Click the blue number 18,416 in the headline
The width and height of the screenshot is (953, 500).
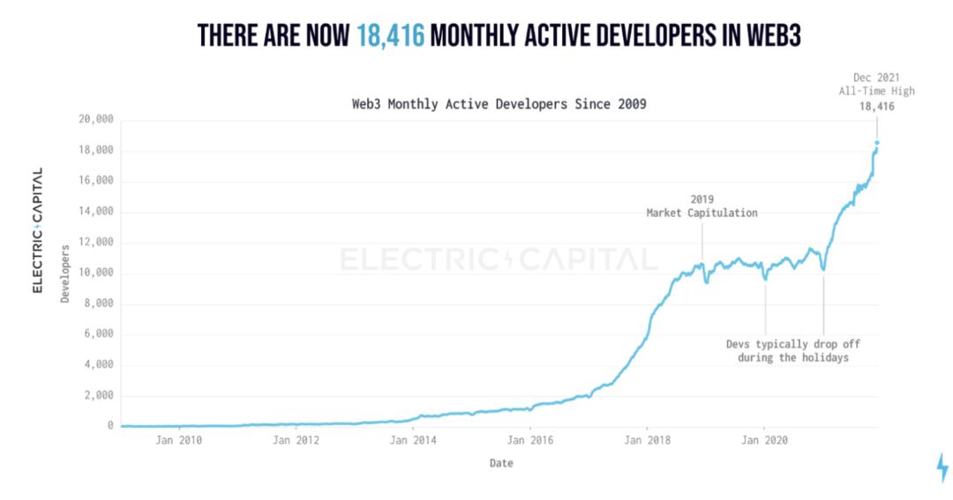[x=390, y=36]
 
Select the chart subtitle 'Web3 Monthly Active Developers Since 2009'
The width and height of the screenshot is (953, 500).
[x=499, y=104]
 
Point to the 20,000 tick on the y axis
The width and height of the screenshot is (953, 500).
[x=96, y=120]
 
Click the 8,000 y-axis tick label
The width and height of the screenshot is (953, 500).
[x=99, y=303]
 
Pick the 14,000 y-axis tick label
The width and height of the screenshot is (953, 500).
[x=96, y=212]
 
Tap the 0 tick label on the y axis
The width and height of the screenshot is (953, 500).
[x=110, y=426]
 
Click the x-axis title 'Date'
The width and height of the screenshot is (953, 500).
[x=500, y=463]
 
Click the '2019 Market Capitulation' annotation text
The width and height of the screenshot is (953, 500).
[x=702, y=206]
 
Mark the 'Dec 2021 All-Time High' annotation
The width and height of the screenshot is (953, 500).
[x=877, y=84]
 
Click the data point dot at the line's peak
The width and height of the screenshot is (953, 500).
[x=877, y=143]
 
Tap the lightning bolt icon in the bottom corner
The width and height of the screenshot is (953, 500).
[x=942, y=467]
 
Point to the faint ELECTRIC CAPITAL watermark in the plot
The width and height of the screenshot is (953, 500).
[x=499, y=259]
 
